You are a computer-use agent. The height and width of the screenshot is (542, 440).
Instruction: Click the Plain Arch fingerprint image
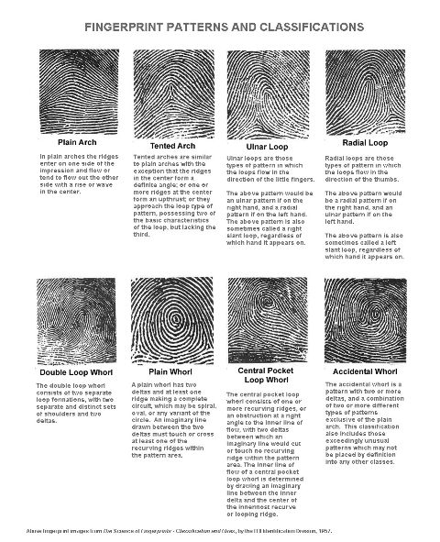tap(68, 93)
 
